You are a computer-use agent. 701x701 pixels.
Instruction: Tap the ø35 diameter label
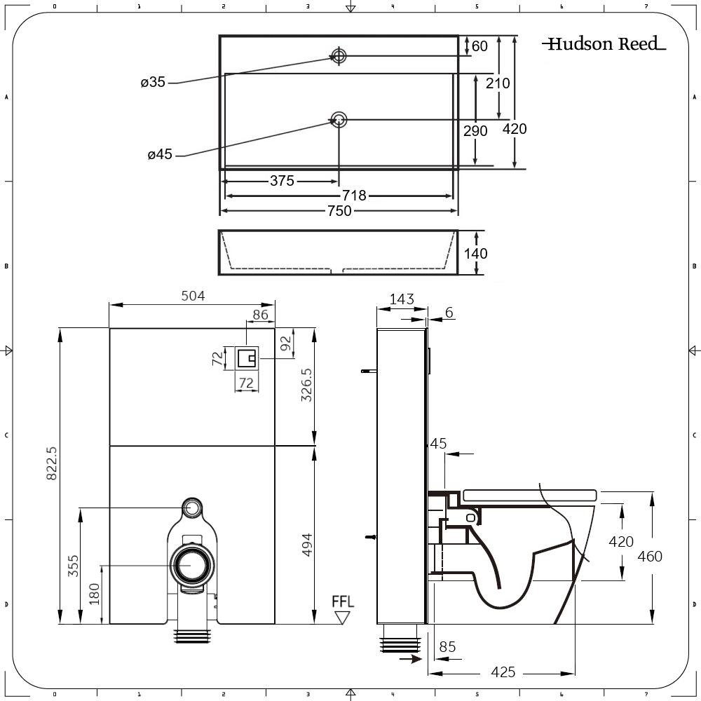click(x=152, y=82)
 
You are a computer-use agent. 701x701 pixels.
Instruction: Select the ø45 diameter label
click(x=160, y=155)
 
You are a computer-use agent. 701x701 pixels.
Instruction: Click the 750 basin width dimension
click(x=339, y=210)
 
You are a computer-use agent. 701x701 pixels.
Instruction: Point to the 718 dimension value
click(x=355, y=196)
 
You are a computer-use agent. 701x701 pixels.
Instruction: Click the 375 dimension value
click(x=282, y=181)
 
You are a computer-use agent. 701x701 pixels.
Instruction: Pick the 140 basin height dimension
click(x=476, y=253)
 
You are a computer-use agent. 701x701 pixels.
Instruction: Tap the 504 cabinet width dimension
click(x=193, y=296)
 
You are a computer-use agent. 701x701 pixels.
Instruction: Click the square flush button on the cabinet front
click(x=246, y=358)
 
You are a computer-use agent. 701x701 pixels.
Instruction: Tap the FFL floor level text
click(x=343, y=601)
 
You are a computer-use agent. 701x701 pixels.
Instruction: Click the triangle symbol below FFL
click(x=343, y=618)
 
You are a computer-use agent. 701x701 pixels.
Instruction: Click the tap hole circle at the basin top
click(x=339, y=55)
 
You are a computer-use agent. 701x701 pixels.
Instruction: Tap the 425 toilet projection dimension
click(x=503, y=672)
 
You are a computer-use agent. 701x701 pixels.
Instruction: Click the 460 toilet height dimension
click(x=650, y=557)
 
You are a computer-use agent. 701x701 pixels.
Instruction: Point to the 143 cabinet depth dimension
click(x=401, y=299)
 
